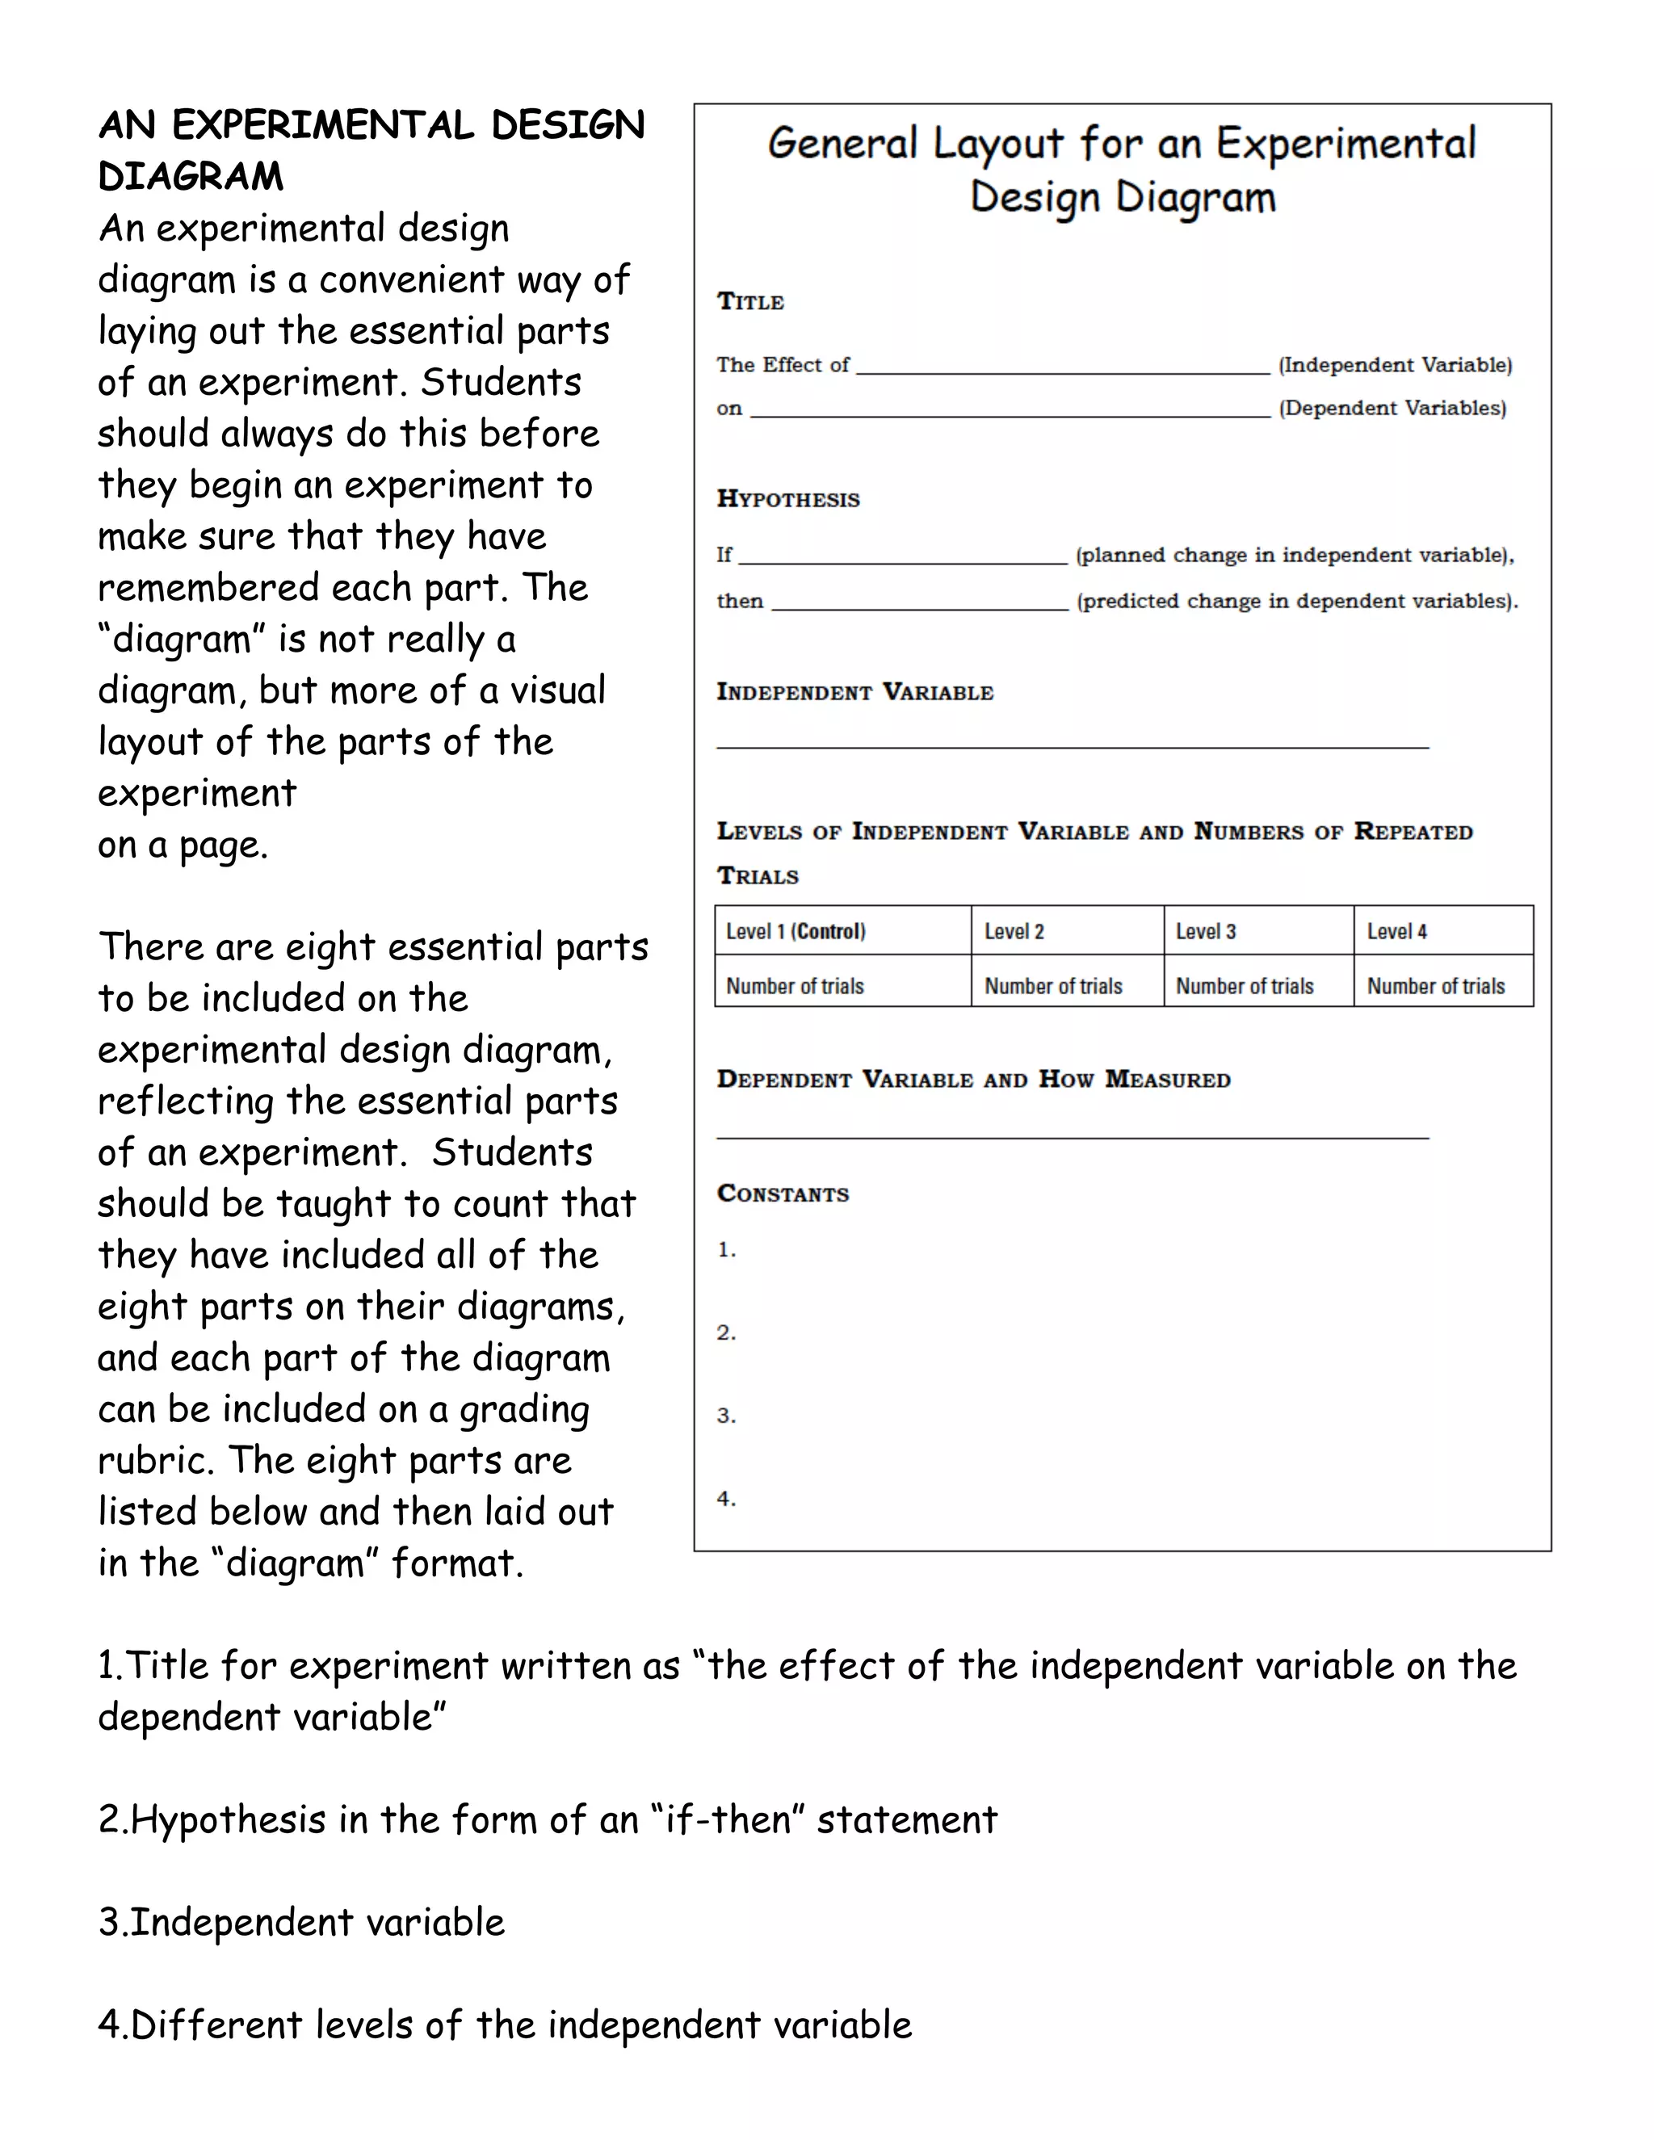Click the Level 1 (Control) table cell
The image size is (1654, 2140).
(x=796, y=931)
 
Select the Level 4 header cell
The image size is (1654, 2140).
(x=1397, y=931)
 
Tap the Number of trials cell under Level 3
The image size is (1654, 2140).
(x=1245, y=986)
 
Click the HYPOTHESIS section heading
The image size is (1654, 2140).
(x=787, y=499)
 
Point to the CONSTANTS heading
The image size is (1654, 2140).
(x=783, y=1194)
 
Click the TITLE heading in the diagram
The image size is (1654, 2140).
(x=749, y=302)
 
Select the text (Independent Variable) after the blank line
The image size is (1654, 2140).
(x=1394, y=364)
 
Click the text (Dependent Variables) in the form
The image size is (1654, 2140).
(x=1392, y=408)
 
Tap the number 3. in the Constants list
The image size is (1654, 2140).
(x=726, y=1415)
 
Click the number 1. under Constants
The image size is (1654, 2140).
(x=726, y=1249)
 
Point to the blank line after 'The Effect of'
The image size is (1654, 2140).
(x=1062, y=371)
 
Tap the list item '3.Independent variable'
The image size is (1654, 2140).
(x=302, y=1923)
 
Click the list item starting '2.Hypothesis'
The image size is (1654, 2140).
(x=547, y=1819)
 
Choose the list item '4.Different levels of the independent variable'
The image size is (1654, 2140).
(x=505, y=2025)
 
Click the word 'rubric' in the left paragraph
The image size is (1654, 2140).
(x=157, y=1461)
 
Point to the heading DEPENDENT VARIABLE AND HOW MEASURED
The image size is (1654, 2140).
(x=973, y=1080)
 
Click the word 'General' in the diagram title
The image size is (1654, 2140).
(x=842, y=144)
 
